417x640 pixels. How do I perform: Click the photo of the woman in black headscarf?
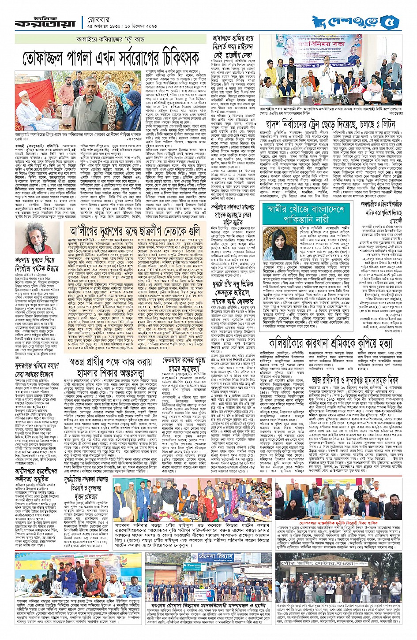(286, 246)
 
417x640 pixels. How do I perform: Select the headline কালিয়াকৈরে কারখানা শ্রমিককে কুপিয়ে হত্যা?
(330, 342)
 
